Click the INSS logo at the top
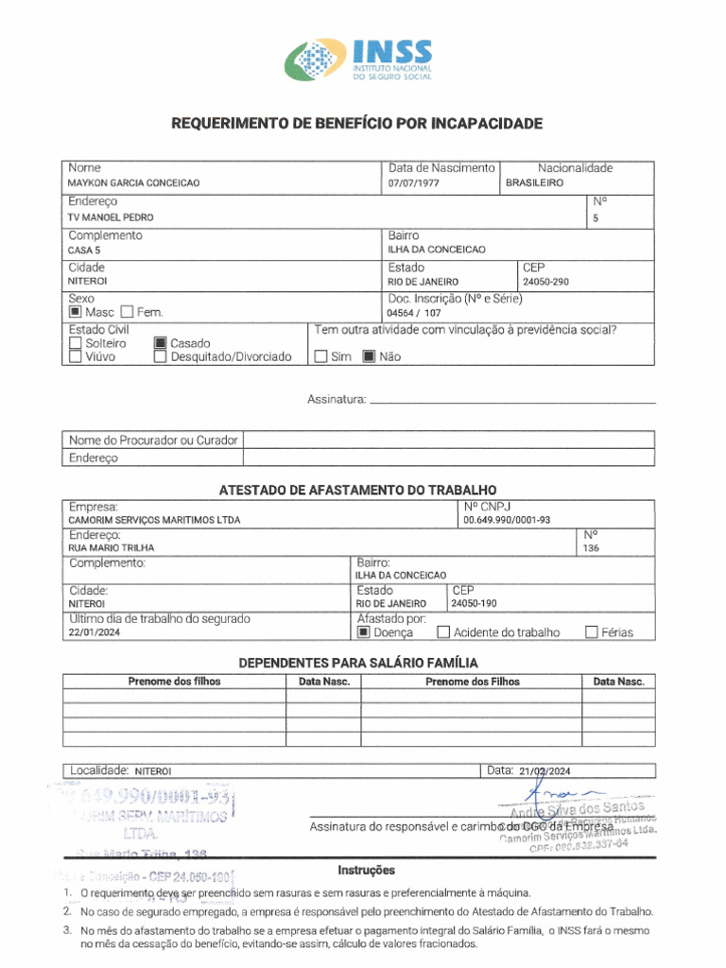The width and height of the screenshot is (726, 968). tap(360, 60)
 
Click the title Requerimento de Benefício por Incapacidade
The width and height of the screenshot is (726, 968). tap(356, 124)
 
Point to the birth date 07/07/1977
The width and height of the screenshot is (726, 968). tap(415, 183)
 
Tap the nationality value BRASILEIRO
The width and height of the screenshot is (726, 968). tap(535, 183)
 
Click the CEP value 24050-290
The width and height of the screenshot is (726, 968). tap(545, 282)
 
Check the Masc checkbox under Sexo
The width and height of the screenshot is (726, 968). tap(76, 312)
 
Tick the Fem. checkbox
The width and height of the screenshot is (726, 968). tap(129, 312)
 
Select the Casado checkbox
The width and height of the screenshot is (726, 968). tap(161, 343)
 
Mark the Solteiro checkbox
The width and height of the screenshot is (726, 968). tap(76, 343)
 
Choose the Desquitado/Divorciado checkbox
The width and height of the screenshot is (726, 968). tap(161, 357)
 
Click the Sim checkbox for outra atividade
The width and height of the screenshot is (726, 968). tap(320, 357)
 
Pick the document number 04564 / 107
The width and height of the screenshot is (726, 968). tap(414, 313)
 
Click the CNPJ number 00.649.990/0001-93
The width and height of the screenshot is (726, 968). tap(507, 520)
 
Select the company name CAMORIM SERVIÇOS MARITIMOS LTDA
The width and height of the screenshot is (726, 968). tap(154, 520)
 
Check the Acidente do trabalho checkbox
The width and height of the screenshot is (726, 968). tap(442, 633)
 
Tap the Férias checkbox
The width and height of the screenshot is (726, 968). tap(592, 633)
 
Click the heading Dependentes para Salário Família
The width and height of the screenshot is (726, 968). tap(357, 663)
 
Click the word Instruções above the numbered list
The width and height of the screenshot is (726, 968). tap(366, 870)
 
